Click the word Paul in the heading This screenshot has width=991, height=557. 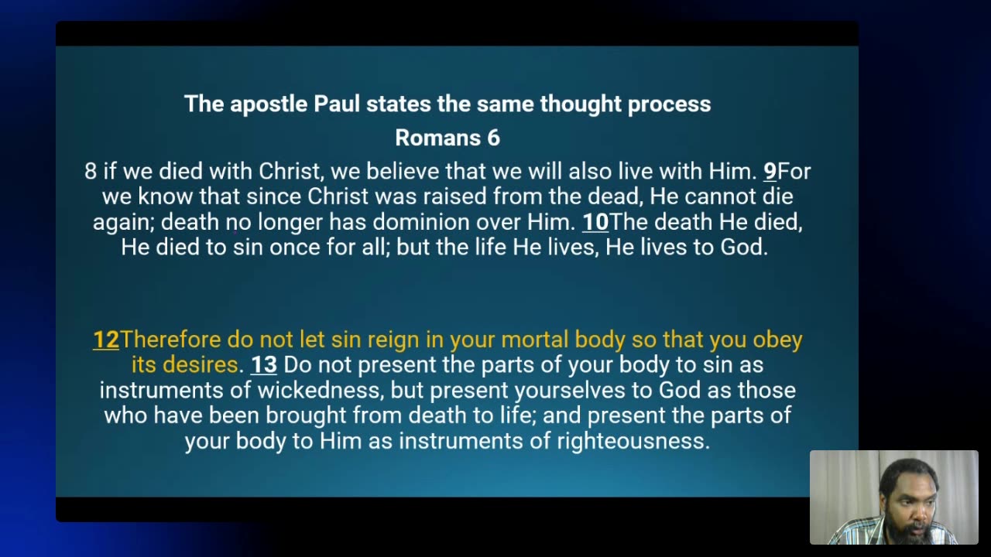336,104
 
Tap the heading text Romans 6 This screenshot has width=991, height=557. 447,138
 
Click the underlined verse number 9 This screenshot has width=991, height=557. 770,172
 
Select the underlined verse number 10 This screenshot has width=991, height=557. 595,222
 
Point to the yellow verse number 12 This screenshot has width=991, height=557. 106,340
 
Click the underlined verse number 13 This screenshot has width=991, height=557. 264,365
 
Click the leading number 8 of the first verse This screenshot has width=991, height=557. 91,172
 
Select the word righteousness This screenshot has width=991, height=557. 633,441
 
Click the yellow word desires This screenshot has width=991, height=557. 201,365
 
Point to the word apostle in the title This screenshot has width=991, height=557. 269,104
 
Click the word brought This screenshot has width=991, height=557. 306,416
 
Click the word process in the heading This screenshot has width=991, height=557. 669,104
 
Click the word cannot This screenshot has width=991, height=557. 720,196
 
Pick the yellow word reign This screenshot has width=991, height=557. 393,340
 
